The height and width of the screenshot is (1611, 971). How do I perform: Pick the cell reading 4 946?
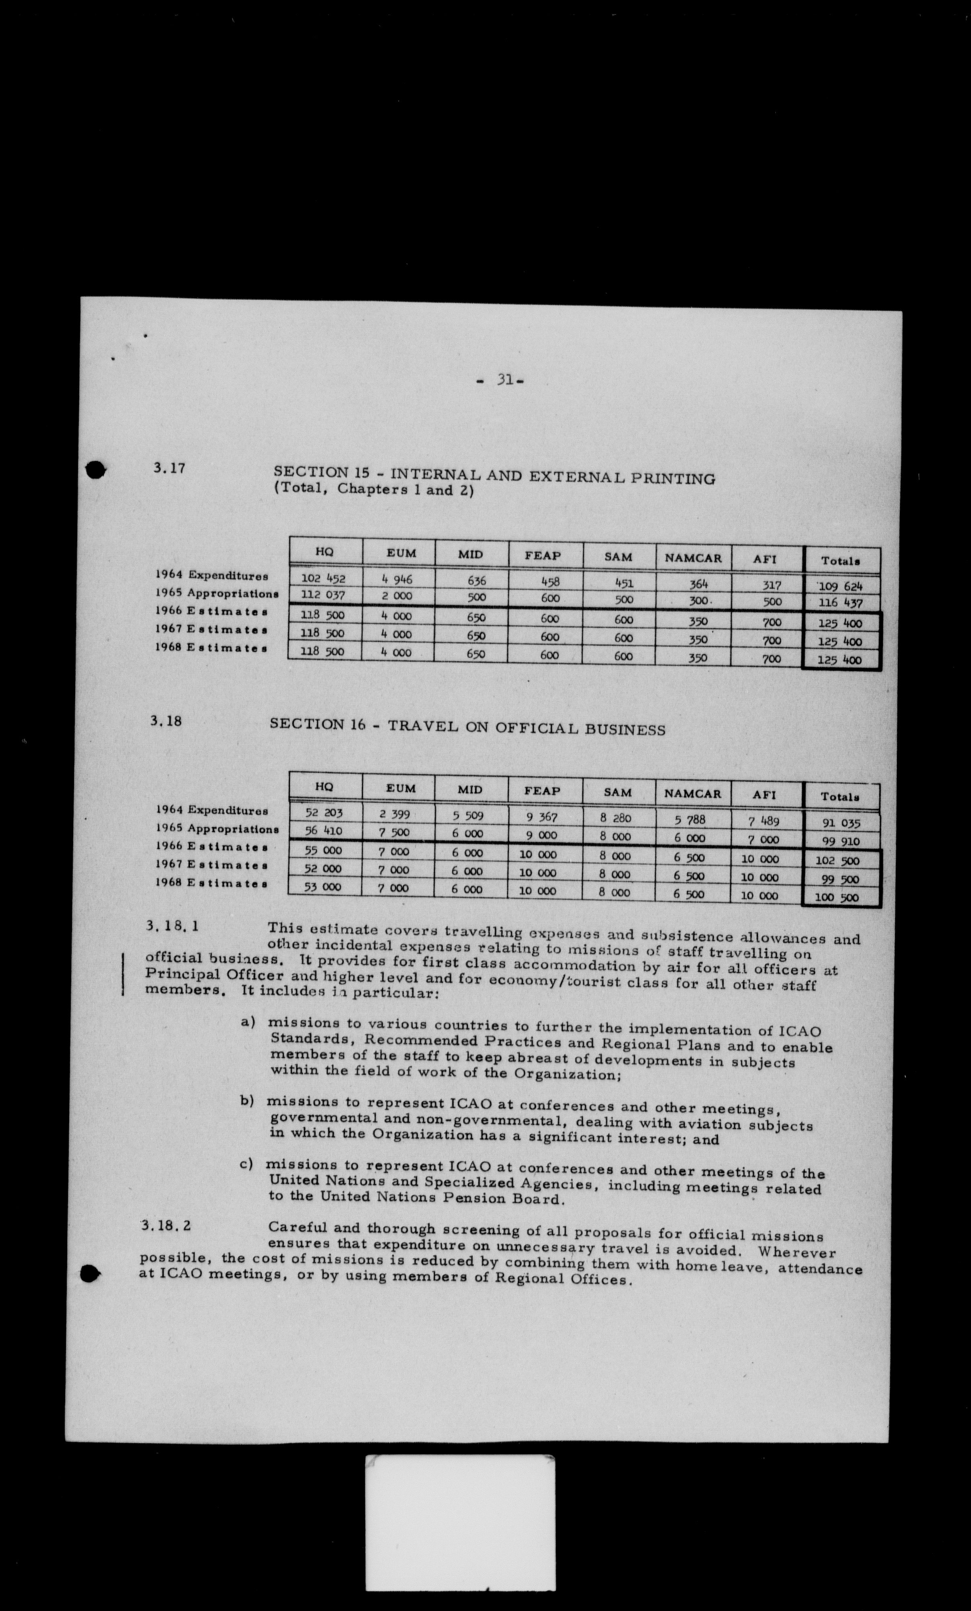(x=397, y=579)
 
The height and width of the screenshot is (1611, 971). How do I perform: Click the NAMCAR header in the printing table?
(x=693, y=558)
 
